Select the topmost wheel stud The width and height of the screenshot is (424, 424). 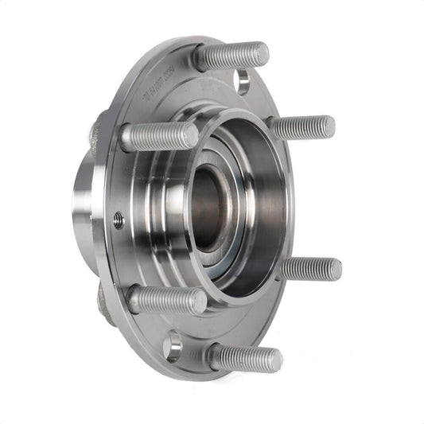(231, 56)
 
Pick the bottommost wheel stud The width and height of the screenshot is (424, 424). (245, 358)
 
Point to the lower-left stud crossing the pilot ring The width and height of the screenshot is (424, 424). (166, 300)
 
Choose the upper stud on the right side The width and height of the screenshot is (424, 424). (303, 126)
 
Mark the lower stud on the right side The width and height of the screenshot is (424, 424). (310, 268)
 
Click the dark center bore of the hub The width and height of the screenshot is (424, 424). (209, 208)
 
